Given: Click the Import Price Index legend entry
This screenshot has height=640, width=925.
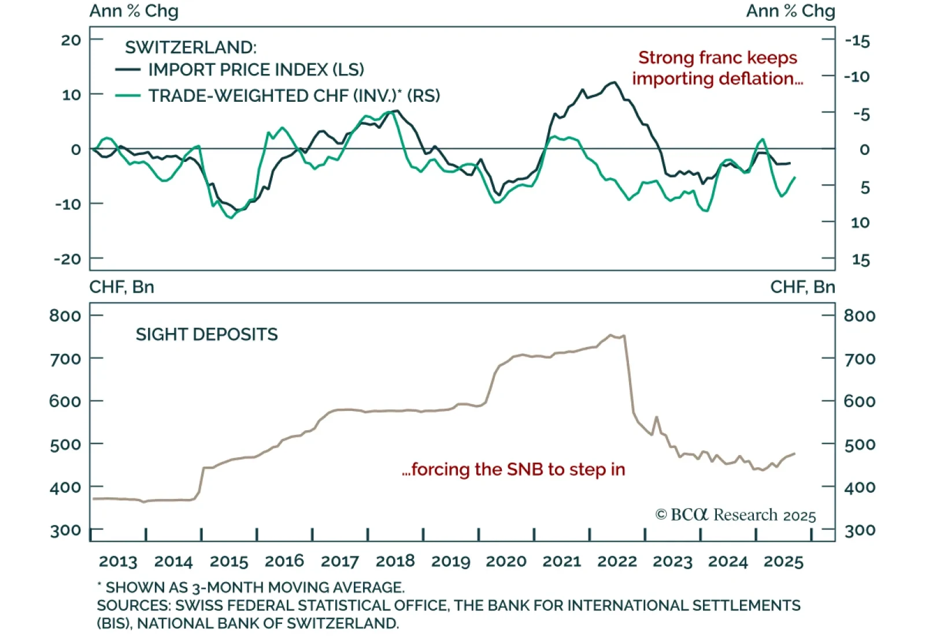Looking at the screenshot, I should click(x=256, y=70).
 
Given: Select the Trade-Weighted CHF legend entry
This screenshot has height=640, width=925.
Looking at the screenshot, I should click(x=294, y=95).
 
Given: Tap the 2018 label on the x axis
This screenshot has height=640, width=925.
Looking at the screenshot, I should click(x=395, y=561).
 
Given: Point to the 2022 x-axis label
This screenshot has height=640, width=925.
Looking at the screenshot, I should click(x=617, y=561).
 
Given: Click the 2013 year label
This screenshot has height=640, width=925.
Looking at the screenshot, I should click(x=118, y=561).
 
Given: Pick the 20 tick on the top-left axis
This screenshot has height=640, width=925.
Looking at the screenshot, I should click(x=72, y=40).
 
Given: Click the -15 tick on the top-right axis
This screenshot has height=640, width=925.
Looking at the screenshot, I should click(x=857, y=41).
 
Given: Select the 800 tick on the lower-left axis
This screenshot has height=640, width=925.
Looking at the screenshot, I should click(x=65, y=316).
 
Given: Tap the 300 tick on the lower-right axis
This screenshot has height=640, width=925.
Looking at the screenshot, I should click(x=860, y=530).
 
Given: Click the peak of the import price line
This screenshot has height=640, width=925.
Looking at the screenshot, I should click(x=613, y=83).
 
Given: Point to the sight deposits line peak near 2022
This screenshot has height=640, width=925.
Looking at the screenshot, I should click(x=610, y=335).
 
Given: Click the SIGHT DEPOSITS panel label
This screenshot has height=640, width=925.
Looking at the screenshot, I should click(x=206, y=335).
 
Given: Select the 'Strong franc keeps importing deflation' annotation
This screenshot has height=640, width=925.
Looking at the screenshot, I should click(x=717, y=68).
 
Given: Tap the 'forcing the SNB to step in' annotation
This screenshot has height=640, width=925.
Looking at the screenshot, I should click(x=513, y=469).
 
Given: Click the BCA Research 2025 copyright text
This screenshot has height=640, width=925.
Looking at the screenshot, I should click(x=735, y=515).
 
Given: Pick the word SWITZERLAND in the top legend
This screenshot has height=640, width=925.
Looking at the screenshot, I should click(x=190, y=47).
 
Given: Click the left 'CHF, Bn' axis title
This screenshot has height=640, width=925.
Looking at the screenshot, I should click(x=121, y=287).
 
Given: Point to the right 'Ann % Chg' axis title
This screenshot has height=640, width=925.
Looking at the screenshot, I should click(x=790, y=11).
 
